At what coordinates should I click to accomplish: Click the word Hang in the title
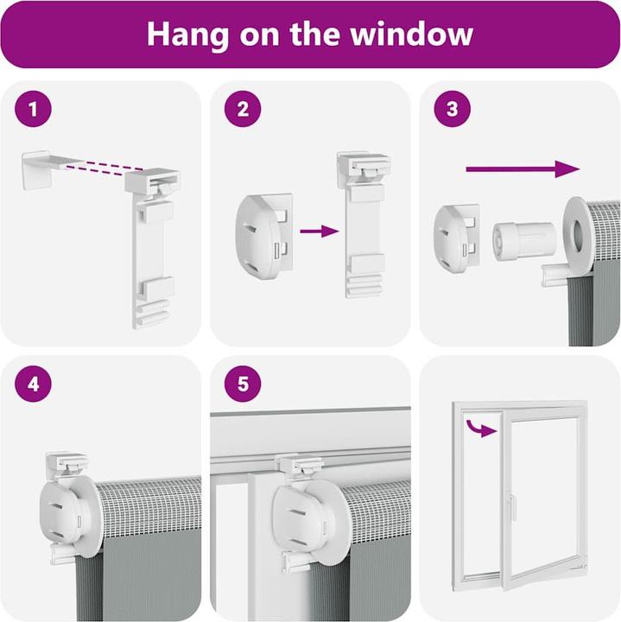point(187,35)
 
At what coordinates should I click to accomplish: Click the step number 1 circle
point(34,109)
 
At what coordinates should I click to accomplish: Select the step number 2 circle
point(243,109)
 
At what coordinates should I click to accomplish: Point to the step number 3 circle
point(453,109)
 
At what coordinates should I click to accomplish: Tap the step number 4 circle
point(34,384)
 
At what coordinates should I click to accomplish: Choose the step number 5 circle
point(243,384)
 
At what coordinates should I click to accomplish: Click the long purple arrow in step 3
point(523,169)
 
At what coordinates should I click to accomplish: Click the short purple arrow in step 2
point(320,231)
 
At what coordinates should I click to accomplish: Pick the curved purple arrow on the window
point(480,428)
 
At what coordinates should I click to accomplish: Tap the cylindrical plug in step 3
point(524,241)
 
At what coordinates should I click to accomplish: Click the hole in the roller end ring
point(577,235)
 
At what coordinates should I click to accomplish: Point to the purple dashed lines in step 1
point(105,168)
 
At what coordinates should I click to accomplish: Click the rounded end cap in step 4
point(63,511)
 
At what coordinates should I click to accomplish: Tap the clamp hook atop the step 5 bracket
point(300,465)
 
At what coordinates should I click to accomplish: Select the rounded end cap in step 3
point(456,238)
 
